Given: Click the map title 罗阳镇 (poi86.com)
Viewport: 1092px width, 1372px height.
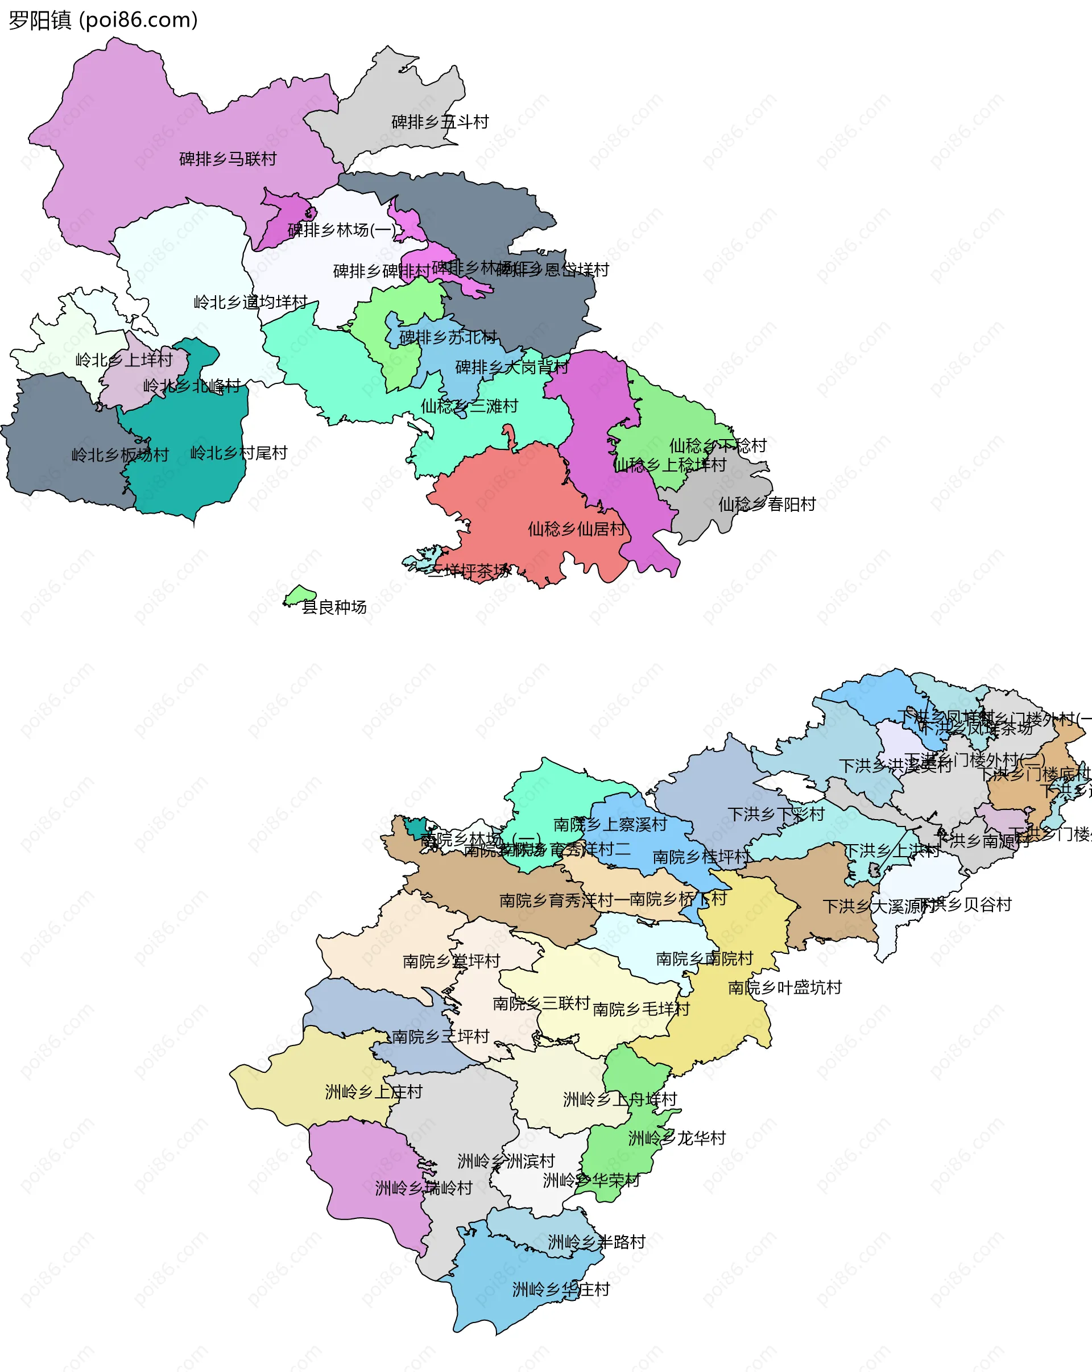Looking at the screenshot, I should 103,20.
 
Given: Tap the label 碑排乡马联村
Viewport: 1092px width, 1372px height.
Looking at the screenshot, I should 228,159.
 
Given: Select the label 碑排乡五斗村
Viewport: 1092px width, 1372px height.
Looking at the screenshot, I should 440,122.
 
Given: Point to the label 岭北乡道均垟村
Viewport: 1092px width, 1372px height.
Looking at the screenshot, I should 251,302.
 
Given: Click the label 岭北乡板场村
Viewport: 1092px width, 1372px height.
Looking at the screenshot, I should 120,455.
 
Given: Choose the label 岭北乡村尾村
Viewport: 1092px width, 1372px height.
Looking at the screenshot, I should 239,453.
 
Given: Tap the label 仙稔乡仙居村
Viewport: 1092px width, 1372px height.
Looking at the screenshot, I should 576,529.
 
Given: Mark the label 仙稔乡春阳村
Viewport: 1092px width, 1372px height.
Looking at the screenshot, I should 767,505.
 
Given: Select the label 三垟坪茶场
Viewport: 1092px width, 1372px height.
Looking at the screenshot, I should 468,571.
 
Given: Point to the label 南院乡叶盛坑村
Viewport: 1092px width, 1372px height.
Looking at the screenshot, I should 785,987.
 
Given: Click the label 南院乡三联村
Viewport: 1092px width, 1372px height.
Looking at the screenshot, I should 541,1003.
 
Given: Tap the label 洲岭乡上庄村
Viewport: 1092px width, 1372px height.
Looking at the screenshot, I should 374,1092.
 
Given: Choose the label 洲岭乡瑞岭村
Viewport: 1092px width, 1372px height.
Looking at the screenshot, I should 423,1188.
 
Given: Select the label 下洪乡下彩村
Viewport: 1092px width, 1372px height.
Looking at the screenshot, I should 776,815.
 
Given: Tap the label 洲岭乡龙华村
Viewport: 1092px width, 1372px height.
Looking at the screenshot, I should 677,1138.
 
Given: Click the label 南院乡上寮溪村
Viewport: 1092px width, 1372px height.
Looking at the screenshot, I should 610,825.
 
